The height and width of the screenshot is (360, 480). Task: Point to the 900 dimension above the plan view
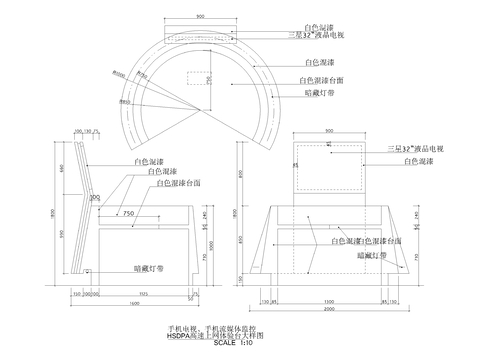point(201,18)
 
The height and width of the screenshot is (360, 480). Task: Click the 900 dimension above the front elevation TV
point(329,131)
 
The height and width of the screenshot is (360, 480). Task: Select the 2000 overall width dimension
point(329,309)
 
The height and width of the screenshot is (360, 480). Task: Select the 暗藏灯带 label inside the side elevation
point(149,268)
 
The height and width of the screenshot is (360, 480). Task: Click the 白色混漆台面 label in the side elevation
point(182,184)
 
